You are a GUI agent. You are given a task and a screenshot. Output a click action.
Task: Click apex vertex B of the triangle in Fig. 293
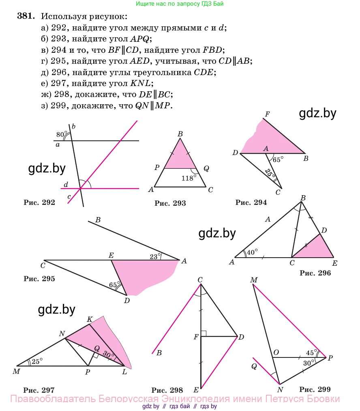point(180,138)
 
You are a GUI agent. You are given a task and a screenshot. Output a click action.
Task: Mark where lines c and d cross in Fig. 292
point(80,189)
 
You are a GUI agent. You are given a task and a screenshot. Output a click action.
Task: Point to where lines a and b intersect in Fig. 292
point(72,141)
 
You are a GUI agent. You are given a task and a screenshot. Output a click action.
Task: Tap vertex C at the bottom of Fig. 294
point(281,189)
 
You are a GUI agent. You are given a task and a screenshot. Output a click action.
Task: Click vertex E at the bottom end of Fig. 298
point(201,388)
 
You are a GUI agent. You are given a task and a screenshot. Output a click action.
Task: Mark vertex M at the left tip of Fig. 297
point(17,366)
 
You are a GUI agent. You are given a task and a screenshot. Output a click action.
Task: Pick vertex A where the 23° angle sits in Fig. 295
point(180,260)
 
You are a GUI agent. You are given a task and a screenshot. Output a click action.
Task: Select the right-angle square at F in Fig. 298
point(204,334)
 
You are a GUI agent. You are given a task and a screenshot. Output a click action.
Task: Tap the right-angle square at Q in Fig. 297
point(95,355)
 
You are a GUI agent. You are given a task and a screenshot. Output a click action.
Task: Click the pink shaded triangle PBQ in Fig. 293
point(180,156)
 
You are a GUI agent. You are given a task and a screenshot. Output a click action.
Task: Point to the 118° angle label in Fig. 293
point(189,178)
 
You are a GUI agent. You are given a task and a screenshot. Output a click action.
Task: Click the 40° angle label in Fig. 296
point(252,252)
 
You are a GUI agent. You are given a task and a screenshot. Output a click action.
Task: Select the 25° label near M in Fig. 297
point(37,362)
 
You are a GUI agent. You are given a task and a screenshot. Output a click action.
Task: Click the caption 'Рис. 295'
point(39,278)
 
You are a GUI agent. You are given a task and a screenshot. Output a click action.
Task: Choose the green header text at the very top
point(180,4)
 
